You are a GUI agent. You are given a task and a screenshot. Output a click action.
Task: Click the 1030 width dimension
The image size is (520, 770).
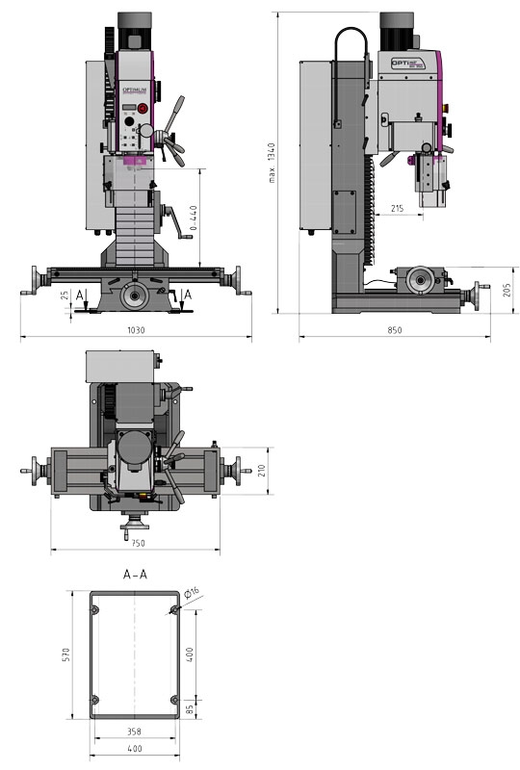pos(135,330)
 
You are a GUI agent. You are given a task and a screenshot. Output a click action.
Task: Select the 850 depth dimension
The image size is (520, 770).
pos(395,330)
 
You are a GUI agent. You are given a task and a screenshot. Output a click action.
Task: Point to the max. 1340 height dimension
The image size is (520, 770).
pos(273,164)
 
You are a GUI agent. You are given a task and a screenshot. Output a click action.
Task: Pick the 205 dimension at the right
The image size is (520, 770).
pos(507,290)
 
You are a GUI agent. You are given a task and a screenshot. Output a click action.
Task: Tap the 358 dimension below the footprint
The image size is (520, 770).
pos(134,731)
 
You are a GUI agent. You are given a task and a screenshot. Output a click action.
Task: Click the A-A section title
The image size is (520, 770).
pos(135,575)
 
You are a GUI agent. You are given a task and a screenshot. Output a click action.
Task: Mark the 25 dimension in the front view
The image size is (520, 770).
pos(65,295)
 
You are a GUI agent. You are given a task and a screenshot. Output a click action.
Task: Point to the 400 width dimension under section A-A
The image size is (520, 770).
pos(134,748)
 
